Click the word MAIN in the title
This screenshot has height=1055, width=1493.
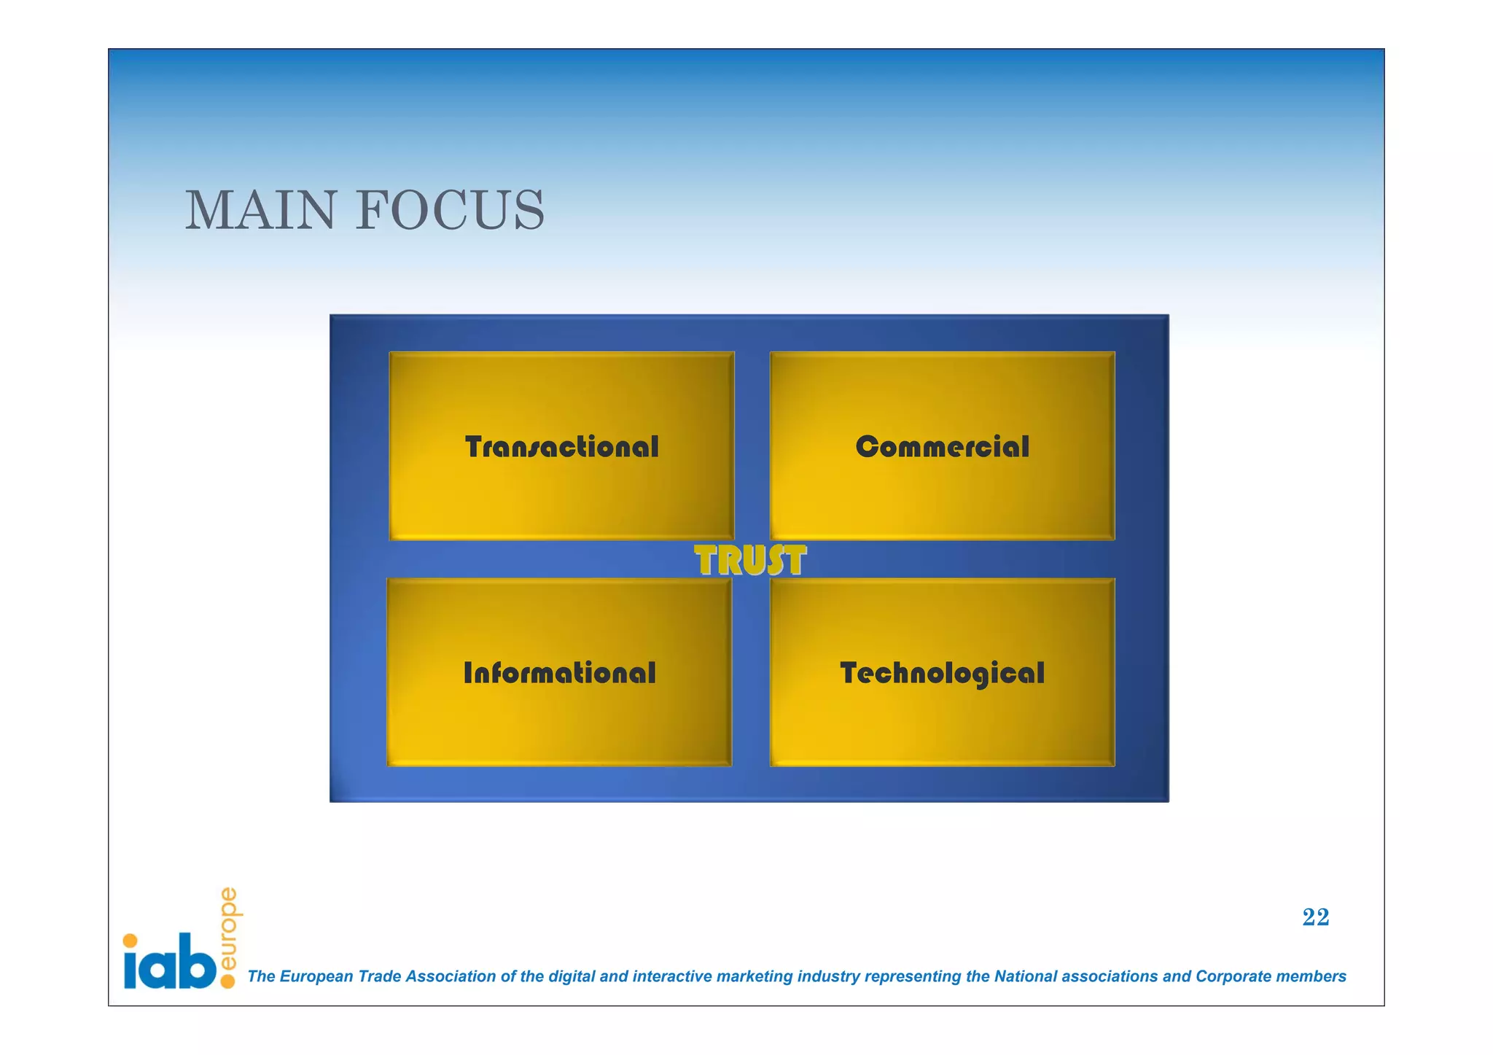pos(260,211)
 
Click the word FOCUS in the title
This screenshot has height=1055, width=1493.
pos(450,211)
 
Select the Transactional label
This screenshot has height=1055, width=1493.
pos(561,447)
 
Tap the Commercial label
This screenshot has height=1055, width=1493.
pos(942,447)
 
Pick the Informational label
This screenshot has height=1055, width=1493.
pos(559,673)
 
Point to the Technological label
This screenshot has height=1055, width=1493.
pos(942,674)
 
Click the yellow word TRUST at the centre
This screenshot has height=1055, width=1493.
pos(749,561)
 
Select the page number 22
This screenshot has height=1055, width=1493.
pos(1315,917)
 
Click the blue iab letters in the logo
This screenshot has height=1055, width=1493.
pos(170,962)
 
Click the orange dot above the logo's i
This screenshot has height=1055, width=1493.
pos(130,941)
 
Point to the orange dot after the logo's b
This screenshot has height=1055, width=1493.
pos(227,981)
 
